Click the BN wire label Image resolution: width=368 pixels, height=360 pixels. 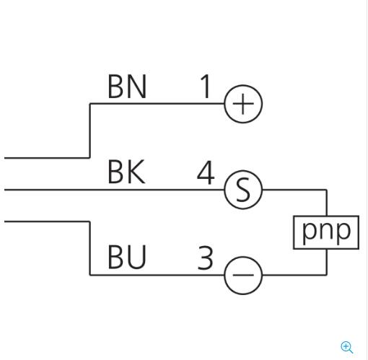(x=127, y=87)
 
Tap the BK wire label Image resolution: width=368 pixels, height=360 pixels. (x=126, y=172)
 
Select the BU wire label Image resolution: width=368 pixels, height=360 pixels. (x=127, y=258)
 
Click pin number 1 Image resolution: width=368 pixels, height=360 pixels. (x=206, y=87)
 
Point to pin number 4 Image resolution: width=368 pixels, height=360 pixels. (x=206, y=173)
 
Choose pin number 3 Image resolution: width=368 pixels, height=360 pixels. (x=206, y=258)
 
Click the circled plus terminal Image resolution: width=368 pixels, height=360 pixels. (x=243, y=105)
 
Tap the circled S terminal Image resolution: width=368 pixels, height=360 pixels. (x=243, y=190)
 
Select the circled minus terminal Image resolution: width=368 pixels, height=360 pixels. (x=243, y=276)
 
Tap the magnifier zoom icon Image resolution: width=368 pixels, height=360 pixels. (x=347, y=347)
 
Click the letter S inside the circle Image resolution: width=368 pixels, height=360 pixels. (x=243, y=190)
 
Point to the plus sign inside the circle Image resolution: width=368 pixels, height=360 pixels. (x=243, y=105)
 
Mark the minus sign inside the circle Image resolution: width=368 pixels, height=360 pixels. (x=243, y=276)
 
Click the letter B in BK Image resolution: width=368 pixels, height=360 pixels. (x=116, y=172)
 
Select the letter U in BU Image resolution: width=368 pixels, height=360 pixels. (x=137, y=258)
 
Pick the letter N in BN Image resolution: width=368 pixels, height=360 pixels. (x=137, y=87)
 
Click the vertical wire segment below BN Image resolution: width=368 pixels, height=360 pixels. (x=89, y=130)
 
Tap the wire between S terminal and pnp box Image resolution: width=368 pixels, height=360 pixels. (x=296, y=190)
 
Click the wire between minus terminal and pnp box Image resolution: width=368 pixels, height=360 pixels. (x=296, y=275)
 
